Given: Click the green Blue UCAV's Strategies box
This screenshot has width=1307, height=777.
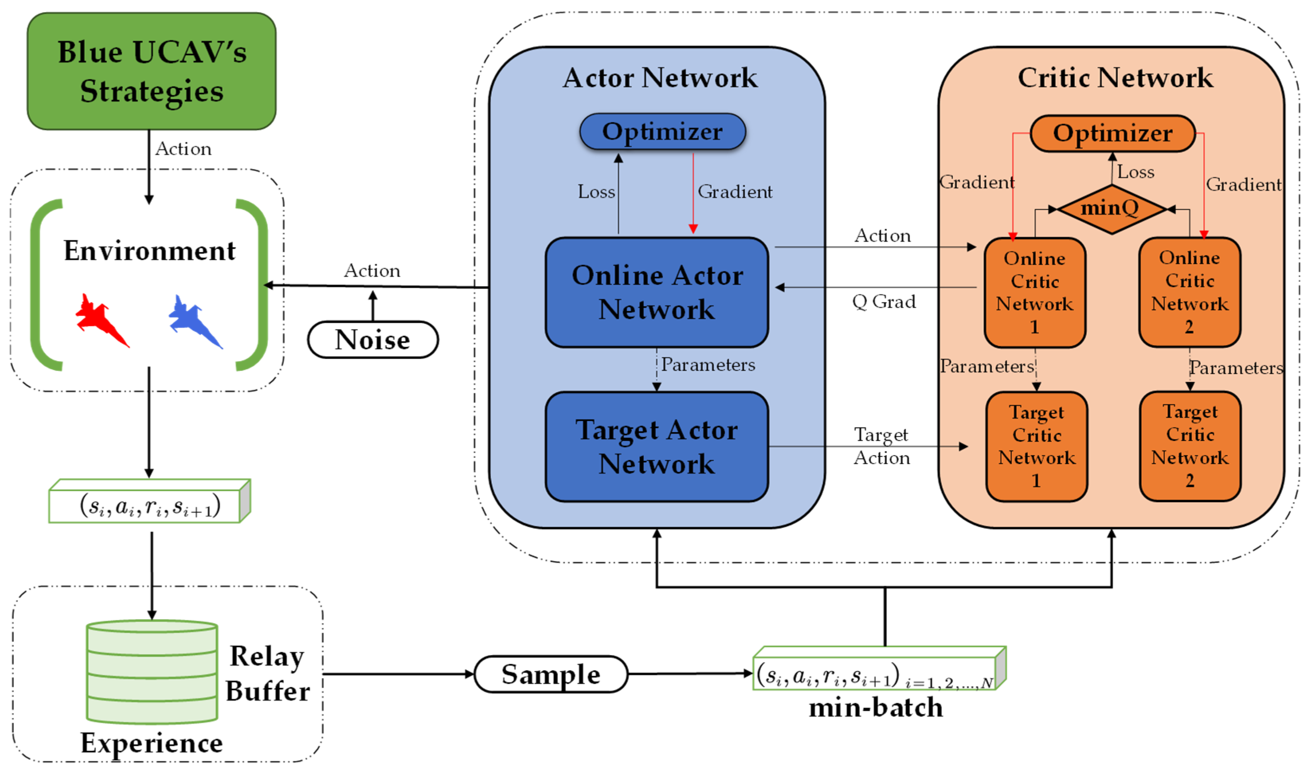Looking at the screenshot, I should (x=151, y=71).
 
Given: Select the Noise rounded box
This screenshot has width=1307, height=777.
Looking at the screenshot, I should (x=373, y=340).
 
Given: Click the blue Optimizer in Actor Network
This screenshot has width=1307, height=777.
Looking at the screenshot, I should (x=662, y=131).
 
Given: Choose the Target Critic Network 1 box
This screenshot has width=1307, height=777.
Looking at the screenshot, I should (x=1036, y=446).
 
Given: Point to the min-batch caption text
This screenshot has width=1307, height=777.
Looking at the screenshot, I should (x=875, y=707).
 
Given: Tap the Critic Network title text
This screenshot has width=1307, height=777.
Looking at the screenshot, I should (x=1115, y=78).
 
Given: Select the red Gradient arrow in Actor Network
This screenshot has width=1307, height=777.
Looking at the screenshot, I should (x=693, y=194).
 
